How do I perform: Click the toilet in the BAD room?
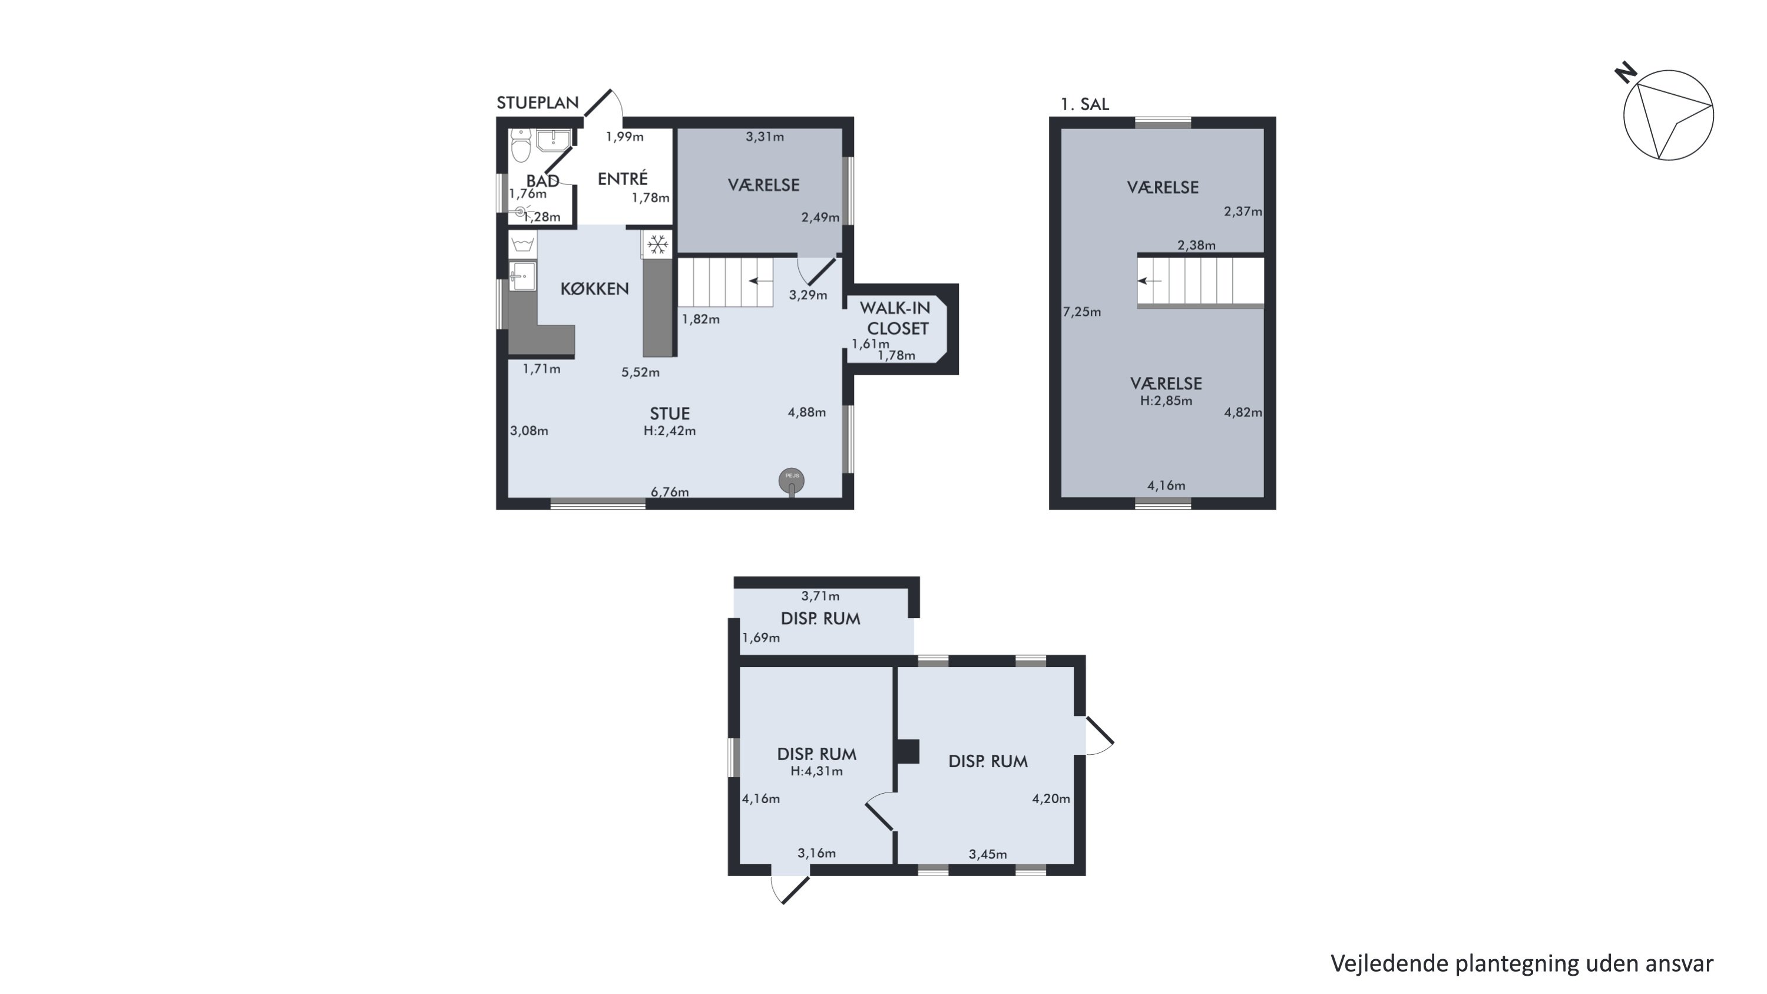pyautogui.click(x=521, y=145)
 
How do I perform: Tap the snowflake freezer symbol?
pyautogui.click(x=658, y=244)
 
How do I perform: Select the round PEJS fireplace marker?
pyautogui.click(x=792, y=481)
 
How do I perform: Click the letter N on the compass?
pyautogui.click(x=1626, y=72)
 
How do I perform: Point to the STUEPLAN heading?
pyautogui.click(x=538, y=103)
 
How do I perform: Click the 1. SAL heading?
pyautogui.click(x=1084, y=104)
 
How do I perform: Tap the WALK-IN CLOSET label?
pyautogui.click(x=896, y=318)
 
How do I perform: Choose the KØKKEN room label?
pyautogui.click(x=595, y=289)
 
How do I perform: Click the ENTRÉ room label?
pyautogui.click(x=623, y=179)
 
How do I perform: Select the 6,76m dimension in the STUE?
pyautogui.click(x=670, y=492)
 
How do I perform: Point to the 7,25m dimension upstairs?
pyautogui.click(x=1082, y=312)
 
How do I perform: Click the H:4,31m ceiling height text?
pyautogui.click(x=816, y=771)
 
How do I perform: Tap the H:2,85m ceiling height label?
pyautogui.click(x=1166, y=401)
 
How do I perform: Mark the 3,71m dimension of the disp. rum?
pyautogui.click(x=820, y=596)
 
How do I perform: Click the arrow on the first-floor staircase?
pyautogui.click(x=1150, y=280)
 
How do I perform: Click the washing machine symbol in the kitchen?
pyautogui.click(x=522, y=243)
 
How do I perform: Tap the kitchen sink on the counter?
pyautogui.click(x=522, y=276)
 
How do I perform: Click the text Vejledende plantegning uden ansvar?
pyautogui.click(x=1522, y=964)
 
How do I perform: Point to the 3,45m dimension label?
pyautogui.click(x=988, y=854)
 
